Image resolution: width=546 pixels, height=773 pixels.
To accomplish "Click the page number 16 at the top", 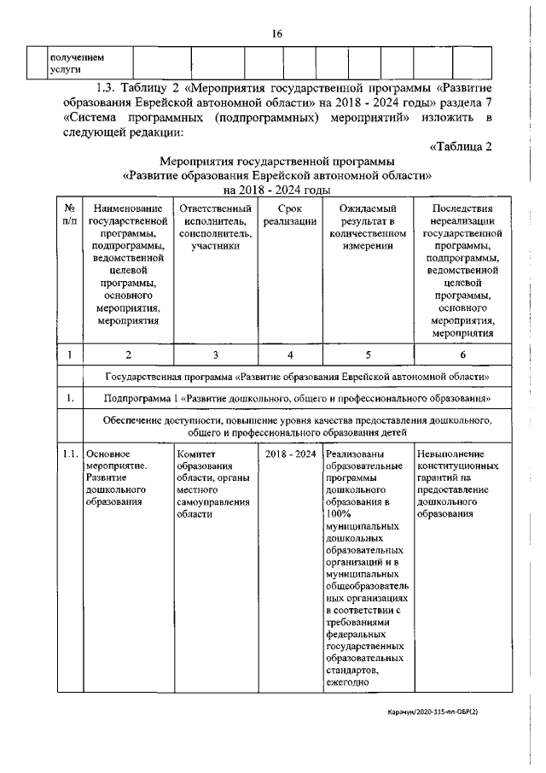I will pos(277,33).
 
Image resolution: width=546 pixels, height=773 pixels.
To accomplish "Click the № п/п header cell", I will pos(68,215).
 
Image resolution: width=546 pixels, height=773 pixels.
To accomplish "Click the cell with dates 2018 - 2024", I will pos(291,454).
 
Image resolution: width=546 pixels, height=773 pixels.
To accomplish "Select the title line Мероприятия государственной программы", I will pos(277,160).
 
